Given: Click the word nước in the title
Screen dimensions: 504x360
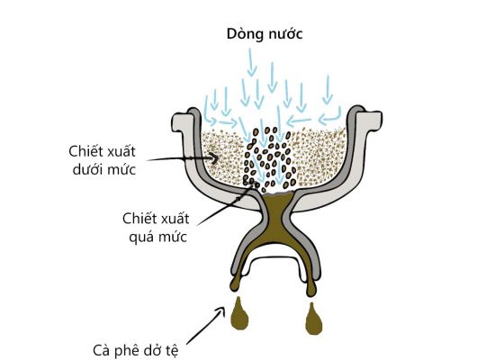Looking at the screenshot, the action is (285, 34).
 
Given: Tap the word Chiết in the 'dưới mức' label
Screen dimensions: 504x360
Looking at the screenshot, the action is (85, 151).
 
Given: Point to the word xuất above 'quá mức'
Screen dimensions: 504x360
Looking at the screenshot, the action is (173, 219).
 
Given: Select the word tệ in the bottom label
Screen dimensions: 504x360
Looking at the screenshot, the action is (172, 351).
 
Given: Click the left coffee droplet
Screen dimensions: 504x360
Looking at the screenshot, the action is (239, 317).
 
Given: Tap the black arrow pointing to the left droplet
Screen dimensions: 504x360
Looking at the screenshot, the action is (206, 326).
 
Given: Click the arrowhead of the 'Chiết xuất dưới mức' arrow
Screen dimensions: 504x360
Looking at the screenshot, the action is (214, 157).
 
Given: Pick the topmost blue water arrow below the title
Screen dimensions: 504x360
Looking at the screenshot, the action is (252, 62).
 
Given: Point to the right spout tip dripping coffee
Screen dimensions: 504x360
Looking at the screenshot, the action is (310, 288).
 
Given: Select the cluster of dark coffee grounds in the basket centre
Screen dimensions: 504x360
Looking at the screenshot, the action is (269, 157).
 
